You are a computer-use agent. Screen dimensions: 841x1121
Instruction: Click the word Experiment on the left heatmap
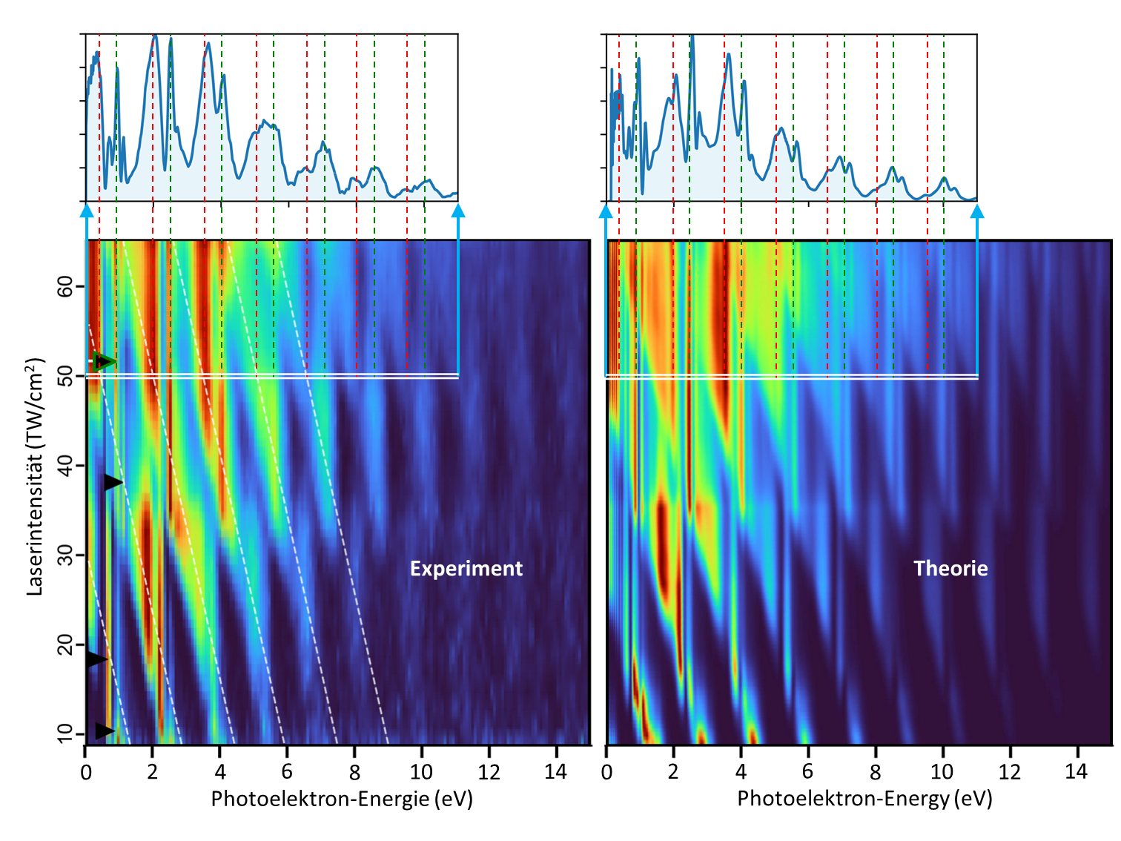point(466,569)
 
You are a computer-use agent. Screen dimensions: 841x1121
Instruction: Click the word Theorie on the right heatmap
point(950,569)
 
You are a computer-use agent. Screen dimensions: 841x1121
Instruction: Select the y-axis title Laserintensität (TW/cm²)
point(36,477)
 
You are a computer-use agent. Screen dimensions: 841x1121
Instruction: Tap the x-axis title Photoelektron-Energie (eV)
point(342,799)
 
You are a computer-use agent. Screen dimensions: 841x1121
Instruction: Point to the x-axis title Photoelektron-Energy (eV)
point(864,799)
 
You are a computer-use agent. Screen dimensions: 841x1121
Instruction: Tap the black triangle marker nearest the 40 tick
point(112,482)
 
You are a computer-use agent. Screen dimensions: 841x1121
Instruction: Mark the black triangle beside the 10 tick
point(105,731)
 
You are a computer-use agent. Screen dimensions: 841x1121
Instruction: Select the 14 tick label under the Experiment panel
point(555,772)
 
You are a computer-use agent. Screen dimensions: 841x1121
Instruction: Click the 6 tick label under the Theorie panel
point(807,772)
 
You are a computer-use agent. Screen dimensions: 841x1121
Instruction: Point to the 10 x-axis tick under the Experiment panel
point(421,772)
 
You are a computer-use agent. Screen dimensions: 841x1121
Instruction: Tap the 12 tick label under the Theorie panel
point(1009,772)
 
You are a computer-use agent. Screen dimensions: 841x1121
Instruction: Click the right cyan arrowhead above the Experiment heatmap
point(458,212)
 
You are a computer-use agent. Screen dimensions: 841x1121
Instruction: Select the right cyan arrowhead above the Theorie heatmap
point(977,212)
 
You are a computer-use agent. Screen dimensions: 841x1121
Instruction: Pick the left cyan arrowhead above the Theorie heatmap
point(606,212)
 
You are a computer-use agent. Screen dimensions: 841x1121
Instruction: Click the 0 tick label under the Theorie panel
point(606,772)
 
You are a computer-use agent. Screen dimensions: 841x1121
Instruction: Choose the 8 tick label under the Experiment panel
point(354,772)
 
